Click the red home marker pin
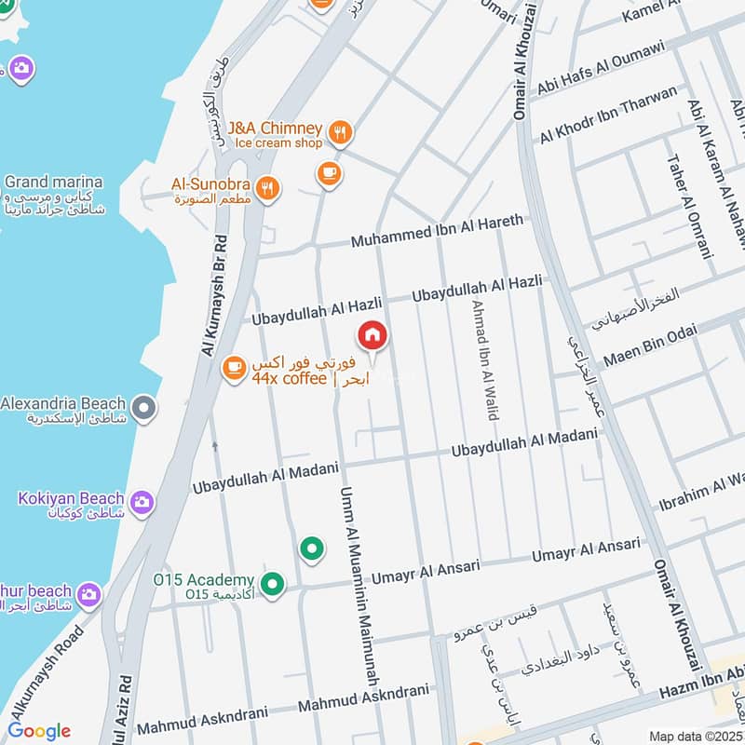[x=372, y=335]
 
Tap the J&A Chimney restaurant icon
[x=341, y=134]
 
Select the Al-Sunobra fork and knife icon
[x=268, y=189]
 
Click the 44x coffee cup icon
[x=233, y=370]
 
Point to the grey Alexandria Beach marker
[x=143, y=407]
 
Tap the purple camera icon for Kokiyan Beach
[x=142, y=503]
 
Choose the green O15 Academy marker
[x=272, y=585]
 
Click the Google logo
[x=39, y=731]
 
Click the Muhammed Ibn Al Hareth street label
[x=437, y=232]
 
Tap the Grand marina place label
[x=53, y=182]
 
